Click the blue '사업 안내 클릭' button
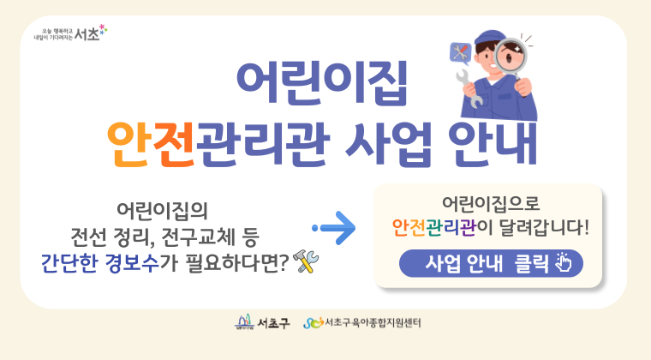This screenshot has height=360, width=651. coord(491,263)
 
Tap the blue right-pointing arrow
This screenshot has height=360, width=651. coord(334,228)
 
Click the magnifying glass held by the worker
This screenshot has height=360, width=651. coord(511,57)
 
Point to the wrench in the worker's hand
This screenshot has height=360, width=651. coord(470,89)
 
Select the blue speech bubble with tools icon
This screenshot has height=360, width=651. coord(461,53)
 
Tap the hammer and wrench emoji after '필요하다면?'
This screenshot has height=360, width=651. coord(306,261)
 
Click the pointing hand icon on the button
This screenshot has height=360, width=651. coord(564,262)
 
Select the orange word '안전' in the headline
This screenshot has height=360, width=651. coord(151,145)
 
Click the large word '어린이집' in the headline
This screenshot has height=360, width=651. coord(322,83)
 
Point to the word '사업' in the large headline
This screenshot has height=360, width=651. coord(388,145)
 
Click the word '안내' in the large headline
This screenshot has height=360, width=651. coord(493,145)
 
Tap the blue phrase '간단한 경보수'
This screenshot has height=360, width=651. coord(100,263)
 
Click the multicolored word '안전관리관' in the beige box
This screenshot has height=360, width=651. coord(434,227)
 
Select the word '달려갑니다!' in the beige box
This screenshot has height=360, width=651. coord(544,227)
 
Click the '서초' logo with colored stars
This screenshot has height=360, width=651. coord(70,33)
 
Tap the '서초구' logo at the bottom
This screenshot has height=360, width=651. coord(262,322)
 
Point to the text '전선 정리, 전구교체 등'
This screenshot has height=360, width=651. coord(164,237)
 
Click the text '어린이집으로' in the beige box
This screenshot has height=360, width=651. coord(490,203)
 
